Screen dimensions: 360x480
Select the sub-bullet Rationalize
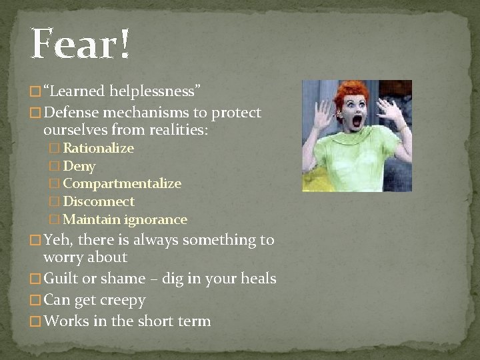(x=98, y=148)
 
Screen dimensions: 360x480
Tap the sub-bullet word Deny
(x=79, y=166)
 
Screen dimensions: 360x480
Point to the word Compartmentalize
(x=122, y=183)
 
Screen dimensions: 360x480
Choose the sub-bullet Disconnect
(x=99, y=201)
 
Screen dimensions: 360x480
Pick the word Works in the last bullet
(x=66, y=321)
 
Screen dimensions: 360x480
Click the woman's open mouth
(x=357, y=121)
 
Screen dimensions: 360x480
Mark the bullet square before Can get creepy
(x=36, y=301)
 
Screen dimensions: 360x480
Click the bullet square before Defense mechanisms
(x=36, y=113)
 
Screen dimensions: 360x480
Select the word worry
(x=65, y=257)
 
